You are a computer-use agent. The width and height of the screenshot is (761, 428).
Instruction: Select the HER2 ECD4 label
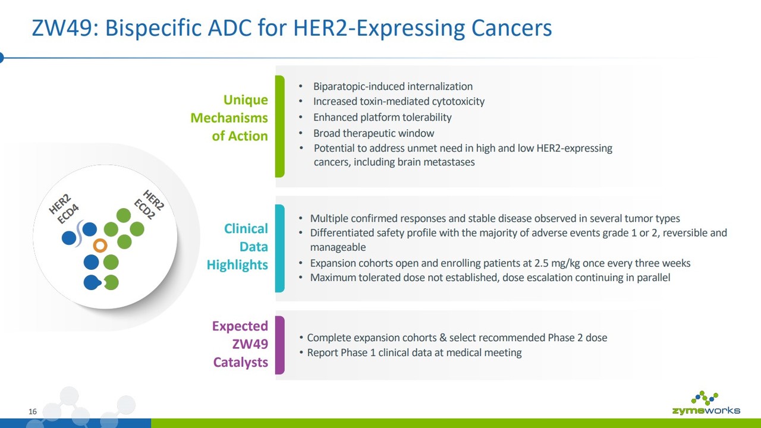(x=64, y=209)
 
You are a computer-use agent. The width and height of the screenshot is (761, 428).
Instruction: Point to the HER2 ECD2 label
(x=149, y=204)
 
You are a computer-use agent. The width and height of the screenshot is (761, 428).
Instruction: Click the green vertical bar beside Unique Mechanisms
(x=279, y=127)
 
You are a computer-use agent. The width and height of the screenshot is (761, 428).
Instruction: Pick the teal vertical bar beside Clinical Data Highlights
(x=279, y=248)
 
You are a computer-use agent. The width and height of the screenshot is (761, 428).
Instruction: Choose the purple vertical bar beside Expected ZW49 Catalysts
(x=279, y=345)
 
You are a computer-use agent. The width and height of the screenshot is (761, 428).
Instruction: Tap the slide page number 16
(x=33, y=412)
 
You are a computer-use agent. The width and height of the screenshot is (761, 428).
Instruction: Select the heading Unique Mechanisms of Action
(x=229, y=118)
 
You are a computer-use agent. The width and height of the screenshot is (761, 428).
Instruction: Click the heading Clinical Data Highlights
(x=237, y=247)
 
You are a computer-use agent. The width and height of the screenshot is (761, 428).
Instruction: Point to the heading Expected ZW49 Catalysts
(x=240, y=344)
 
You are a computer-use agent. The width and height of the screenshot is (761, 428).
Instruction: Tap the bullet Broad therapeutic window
(x=373, y=133)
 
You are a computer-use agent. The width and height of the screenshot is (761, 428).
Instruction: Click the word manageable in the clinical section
(x=338, y=247)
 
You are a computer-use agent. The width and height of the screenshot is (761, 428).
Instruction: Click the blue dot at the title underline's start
(x=1, y=58)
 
